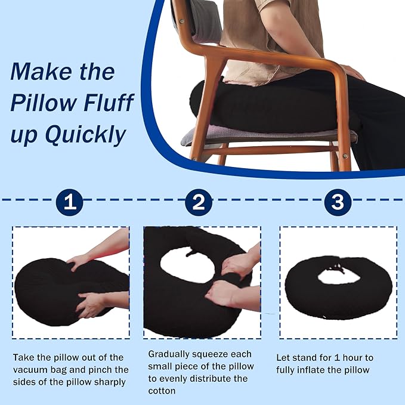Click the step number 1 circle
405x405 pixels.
(x=69, y=202)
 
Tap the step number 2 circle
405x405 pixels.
(x=199, y=202)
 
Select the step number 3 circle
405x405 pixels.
(x=338, y=202)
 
